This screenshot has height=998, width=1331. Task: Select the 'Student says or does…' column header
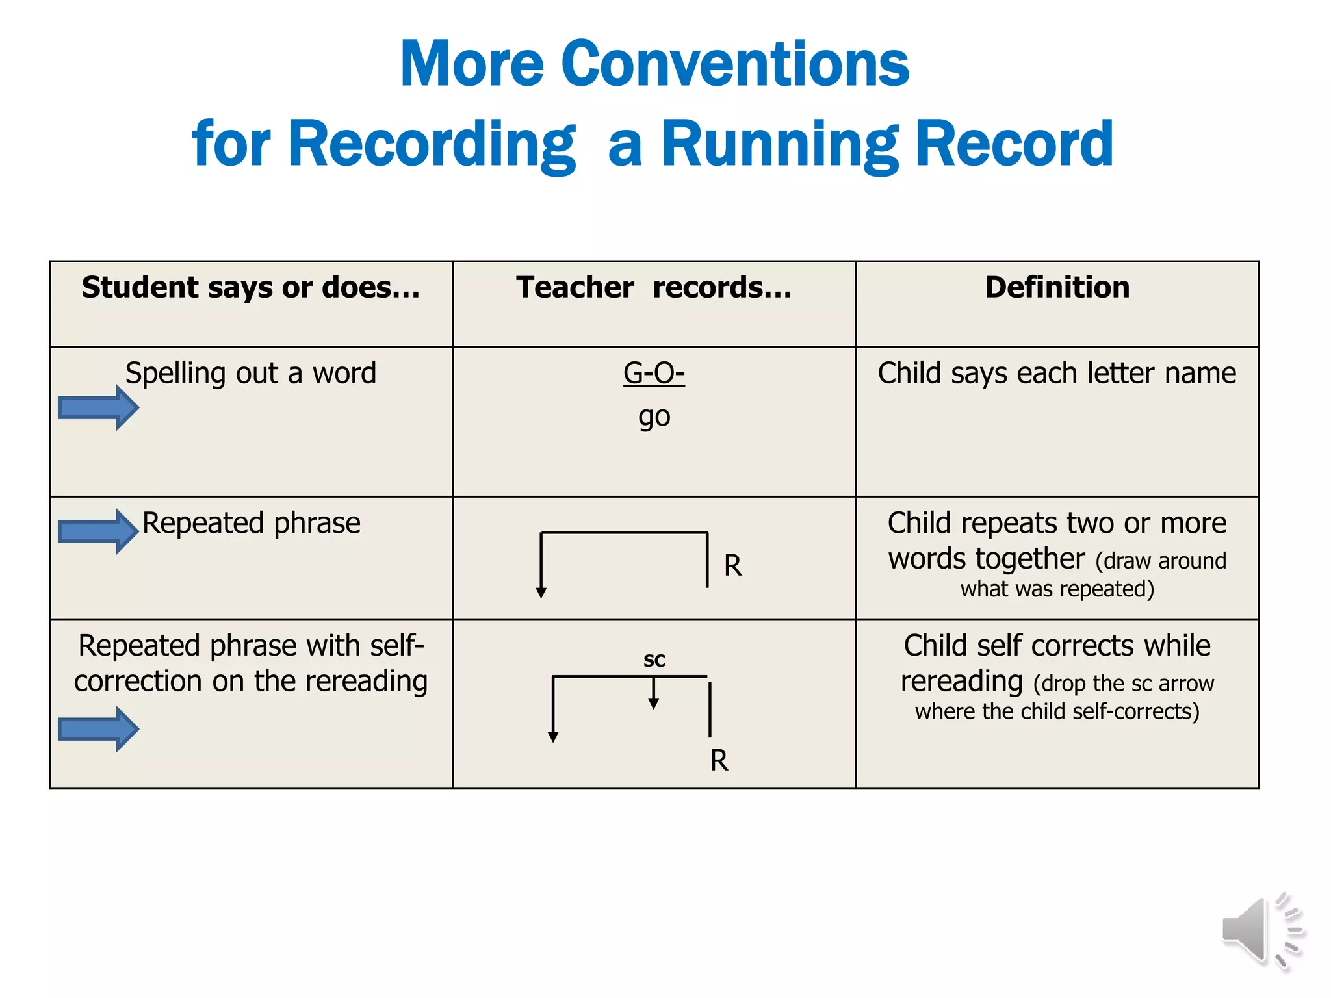(251, 287)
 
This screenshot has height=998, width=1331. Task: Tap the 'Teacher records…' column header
(654, 287)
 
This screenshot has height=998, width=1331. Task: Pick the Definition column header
(1057, 287)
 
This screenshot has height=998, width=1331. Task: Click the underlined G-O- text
(654, 374)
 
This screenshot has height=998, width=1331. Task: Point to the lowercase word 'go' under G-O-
(654, 416)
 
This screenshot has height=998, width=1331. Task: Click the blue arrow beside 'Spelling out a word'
(98, 407)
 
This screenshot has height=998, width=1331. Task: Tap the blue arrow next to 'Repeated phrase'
(98, 531)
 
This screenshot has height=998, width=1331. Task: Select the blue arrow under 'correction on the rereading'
(98, 728)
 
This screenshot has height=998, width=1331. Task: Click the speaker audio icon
(1261, 930)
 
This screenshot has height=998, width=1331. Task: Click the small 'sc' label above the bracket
(654, 659)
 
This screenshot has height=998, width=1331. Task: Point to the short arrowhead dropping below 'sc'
(654, 702)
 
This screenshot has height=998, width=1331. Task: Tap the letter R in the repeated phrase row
(732, 566)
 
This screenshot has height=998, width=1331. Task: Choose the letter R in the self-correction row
(719, 760)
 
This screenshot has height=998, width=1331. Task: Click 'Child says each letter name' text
(1057, 374)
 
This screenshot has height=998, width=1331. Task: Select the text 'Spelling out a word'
(251, 374)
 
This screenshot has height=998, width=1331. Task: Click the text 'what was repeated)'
(1057, 589)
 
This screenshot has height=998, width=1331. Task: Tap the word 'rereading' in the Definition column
(961, 682)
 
